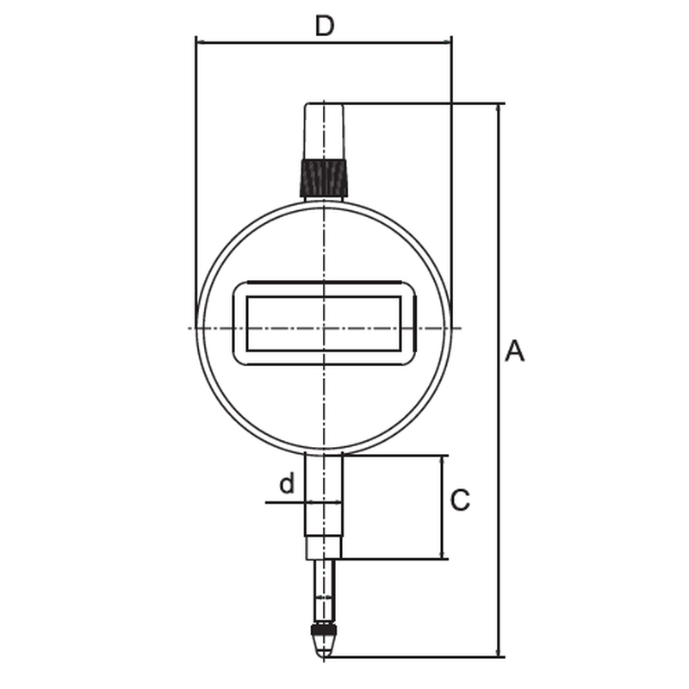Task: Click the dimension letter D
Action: pyautogui.click(x=325, y=26)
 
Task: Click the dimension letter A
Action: pyautogui.click(x=514, y=351)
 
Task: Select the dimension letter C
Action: pyautogui.click(x=460, y=500)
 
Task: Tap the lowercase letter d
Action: pyautogui.click(x=287, y=483)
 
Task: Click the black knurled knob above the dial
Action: pyautogui.click(x=325, y=178)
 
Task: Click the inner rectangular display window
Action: pyautogui.click(x=324, y=324)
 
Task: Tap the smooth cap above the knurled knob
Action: pyautogui.click(x=325, y=132)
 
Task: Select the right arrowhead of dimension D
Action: pyautogui.click(x=446, y=42)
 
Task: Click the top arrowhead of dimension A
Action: pyautogui.click(x=498, y=110)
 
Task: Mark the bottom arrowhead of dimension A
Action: pyautogui.click(x=498, y=652)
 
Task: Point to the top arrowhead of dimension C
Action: pyautogui.click(x=443, y=462)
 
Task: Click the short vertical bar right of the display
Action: pyautogui.click(x=414, y=323)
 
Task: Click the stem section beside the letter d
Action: pyautogui.click(x=324, y=494)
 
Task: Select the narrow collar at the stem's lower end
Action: pyautogui.click(x=324, y=548)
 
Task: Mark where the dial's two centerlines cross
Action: pyautogui.click(x=324, y=328)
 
